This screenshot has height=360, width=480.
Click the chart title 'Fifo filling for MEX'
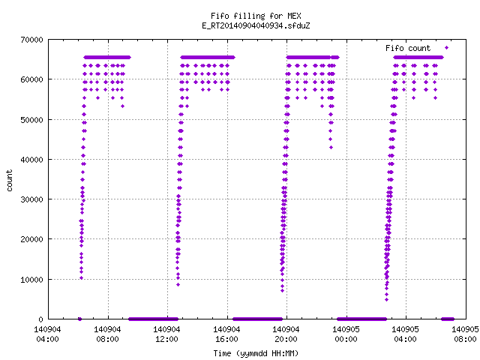(256, 16)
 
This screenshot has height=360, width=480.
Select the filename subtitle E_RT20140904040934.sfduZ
(256, 25)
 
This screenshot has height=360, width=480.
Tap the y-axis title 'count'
(9, 181)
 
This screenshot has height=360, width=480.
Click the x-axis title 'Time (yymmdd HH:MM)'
(256, 353)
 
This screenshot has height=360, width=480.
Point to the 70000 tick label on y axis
(31, 40)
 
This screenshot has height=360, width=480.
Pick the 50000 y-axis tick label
(31, 120)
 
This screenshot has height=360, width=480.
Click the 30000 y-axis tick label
(31, 199)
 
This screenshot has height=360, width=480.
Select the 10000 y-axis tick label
(31, 280)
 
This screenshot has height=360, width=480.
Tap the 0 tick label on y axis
(40, 319)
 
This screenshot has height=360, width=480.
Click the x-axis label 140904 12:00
(166, 334)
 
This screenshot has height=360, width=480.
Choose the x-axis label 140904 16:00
(226, 334)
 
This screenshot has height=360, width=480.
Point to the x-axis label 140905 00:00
(346, 334)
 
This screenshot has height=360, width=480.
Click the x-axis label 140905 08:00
(465, 334)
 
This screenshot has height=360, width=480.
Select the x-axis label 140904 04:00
(47, 334)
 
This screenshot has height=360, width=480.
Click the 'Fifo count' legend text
(408, 48)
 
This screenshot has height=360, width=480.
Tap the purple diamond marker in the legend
(447, 48)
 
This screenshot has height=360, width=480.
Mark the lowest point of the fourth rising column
(387, 300)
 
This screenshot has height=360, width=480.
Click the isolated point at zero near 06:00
(79, 319)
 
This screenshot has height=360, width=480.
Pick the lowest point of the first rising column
(82, 278)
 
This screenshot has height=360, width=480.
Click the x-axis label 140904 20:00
(286, 334)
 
